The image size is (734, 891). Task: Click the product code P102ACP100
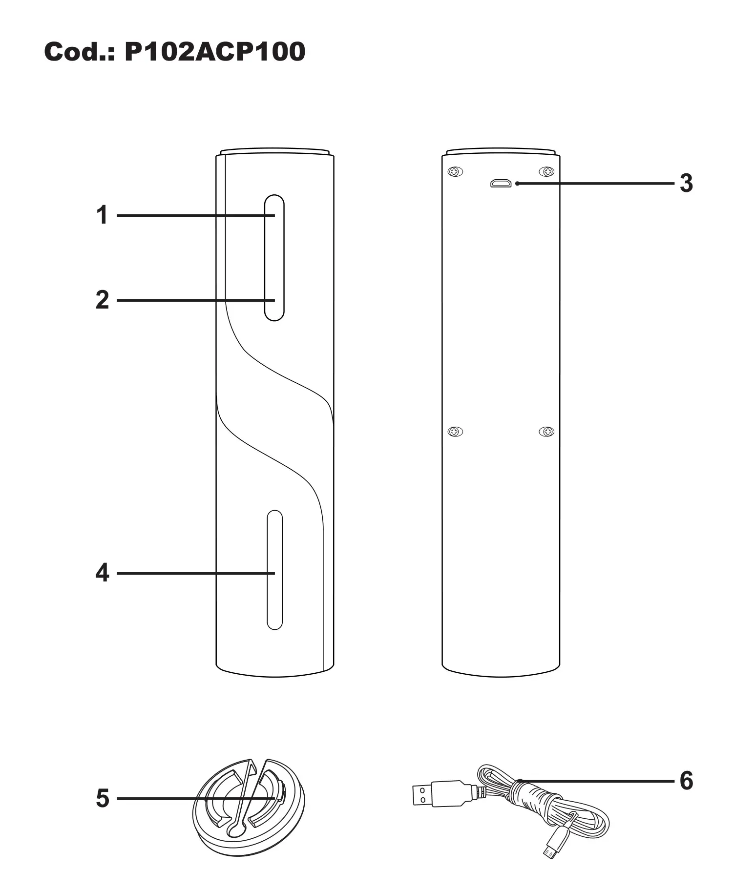[x=215, y=52]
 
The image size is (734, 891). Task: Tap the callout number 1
[x=102, y=215]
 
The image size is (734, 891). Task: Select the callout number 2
[x=102, y=300]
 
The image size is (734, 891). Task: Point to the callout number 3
[x=686, y=184]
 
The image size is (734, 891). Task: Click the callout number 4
[x=102, y=573]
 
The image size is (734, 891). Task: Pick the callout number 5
[x=102, y=799]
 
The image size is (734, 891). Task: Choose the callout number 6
[x=686, y=781]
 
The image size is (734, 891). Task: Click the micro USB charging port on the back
[x=501, y=184]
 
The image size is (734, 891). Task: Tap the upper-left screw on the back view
[x=455, y=172]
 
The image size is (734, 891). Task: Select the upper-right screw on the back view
[x=546, y=172]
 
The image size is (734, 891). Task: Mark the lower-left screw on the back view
[x=455, y=432]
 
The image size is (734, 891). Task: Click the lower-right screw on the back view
[x=546, y=432]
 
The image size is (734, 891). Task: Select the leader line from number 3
[x=596, y=184]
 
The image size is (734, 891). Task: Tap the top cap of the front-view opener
[x=275, y=152]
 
